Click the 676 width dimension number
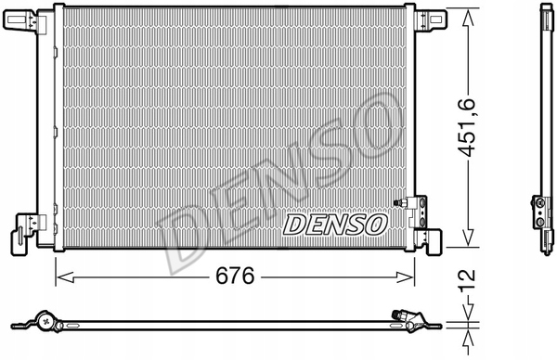[234, 276]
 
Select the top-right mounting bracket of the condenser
[429, 19]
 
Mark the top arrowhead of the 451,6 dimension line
[474, 14]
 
